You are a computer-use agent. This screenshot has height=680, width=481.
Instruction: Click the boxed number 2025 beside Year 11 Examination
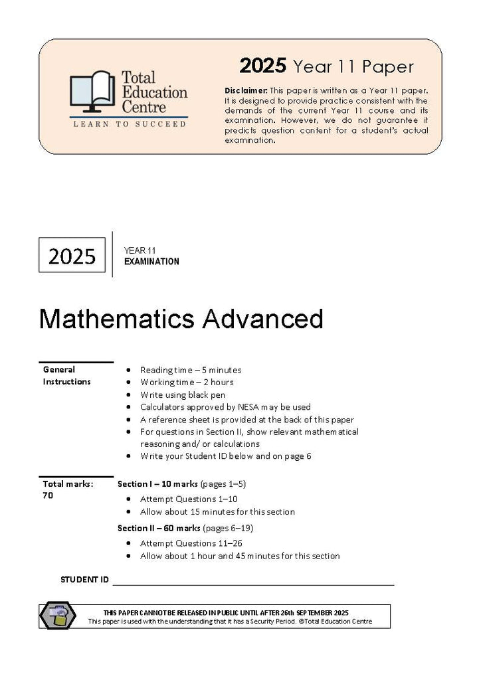pos(72,256)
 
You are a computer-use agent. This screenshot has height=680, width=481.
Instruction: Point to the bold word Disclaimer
pos(246,90)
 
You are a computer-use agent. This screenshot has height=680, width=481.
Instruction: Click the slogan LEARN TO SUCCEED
pos(130,124)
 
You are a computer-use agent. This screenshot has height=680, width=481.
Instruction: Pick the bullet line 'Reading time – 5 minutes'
pos(191,370)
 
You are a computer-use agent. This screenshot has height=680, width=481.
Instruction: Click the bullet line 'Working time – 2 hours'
pos(187,382)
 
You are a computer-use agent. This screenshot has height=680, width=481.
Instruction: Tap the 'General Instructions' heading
pos(66,375)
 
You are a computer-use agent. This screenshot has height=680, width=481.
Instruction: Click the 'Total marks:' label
pos(68,483)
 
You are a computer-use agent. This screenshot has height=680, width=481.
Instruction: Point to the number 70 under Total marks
pos(48,495)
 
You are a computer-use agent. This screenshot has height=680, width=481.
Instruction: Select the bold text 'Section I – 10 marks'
pos(157,483)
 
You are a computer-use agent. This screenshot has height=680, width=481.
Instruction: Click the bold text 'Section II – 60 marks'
pos(159,529)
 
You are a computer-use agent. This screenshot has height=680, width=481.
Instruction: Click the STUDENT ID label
pos(84,580)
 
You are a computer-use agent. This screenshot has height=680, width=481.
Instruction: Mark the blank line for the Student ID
pos(252,583)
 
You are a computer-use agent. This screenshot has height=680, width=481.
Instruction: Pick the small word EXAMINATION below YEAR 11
pos(151,262)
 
